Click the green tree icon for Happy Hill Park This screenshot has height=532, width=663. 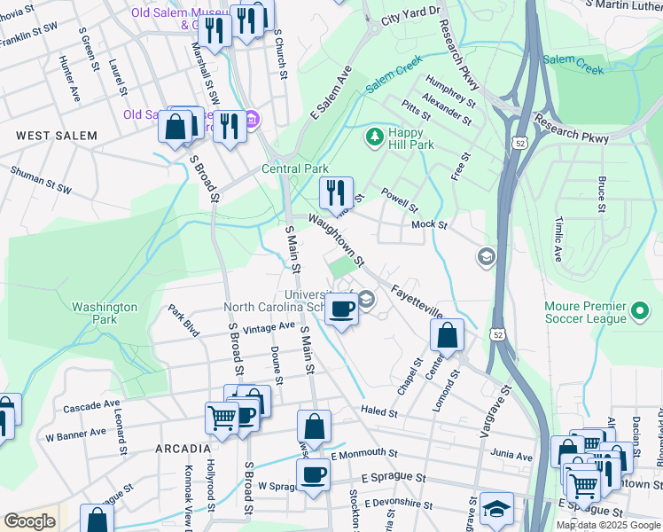tap(374, 137)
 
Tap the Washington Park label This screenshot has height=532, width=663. tap(105, 313)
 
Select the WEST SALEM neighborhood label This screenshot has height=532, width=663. tap(51, 135)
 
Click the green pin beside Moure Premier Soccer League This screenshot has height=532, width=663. tap(640, 313)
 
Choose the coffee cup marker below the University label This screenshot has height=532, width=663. tap(341, 309)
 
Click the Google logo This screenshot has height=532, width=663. tap(29, 521)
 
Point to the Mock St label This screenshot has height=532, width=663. tap(429, 224)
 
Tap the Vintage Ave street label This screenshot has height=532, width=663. tap(269, 326)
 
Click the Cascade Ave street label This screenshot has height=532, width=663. tap(91, 406)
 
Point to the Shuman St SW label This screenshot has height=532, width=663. tap(41, 175)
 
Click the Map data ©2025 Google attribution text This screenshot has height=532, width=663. tap(608, 525)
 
